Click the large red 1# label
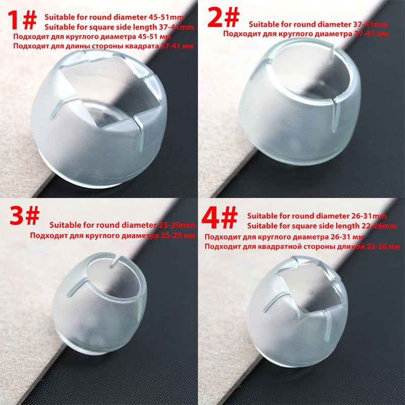coord(22,20)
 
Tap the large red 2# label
coord(223,17)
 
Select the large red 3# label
coord(24,215)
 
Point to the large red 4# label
coord(220,218)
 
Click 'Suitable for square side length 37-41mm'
coord(119,27)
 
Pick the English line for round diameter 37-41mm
coord(318,24)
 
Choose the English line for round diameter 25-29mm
coord(122,225)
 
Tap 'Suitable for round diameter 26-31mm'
coord(317,216)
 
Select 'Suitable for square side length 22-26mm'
coord(321,226)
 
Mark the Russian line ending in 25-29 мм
coord(112,235)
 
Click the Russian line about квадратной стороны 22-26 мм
coord(302,247)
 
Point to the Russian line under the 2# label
coord(306,34)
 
